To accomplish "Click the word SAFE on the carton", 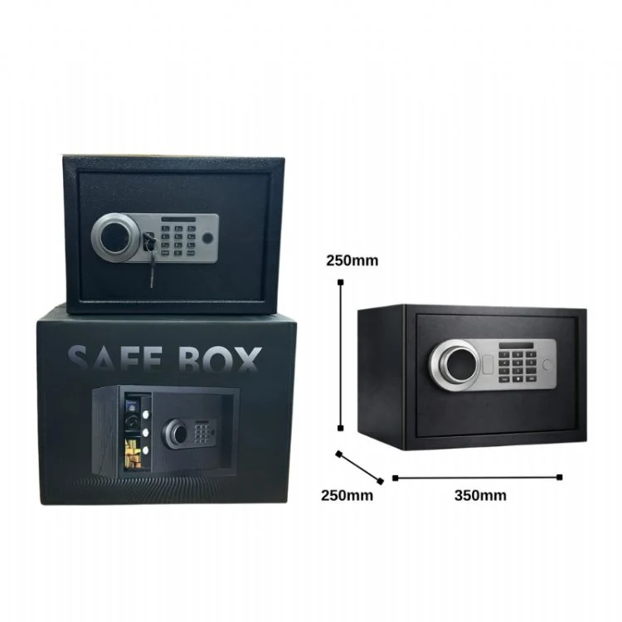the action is click(x=116, y=358).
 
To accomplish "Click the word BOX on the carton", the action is click(x=220, y=359).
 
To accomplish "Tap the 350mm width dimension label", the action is click(x=480, y=495).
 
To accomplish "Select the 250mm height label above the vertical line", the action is click(x=352, y=260).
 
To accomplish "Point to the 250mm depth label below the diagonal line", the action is click(x=347, y=495).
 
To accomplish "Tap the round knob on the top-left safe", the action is click(x=115, y=238).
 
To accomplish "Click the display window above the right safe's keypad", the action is click(x=517, y=345).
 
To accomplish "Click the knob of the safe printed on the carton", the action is click(x=175, y=432).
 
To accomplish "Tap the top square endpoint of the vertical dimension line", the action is click(x=340, y=283).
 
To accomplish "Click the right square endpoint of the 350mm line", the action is click(x=559, y=477).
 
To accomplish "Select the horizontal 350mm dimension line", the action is click(x=477, y=478).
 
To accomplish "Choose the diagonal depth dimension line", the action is click(x=359, y=467).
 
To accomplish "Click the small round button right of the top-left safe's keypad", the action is click(x=207, y=238).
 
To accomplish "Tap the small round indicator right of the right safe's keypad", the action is click(x=547, y=364).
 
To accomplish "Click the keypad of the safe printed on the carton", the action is click(x=202, y=434).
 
